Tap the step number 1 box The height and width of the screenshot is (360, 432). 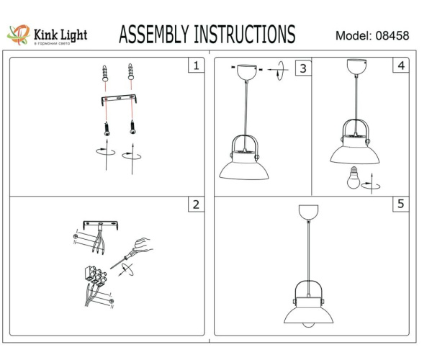(194, 66)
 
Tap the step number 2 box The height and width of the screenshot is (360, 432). (194, 204)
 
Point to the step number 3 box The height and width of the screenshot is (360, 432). (303, 68)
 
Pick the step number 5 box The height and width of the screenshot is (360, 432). (400, 204)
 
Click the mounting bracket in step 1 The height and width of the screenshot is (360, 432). (118, 99)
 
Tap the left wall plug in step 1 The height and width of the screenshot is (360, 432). (107, 73)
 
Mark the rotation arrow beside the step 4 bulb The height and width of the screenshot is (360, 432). (372, 184)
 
